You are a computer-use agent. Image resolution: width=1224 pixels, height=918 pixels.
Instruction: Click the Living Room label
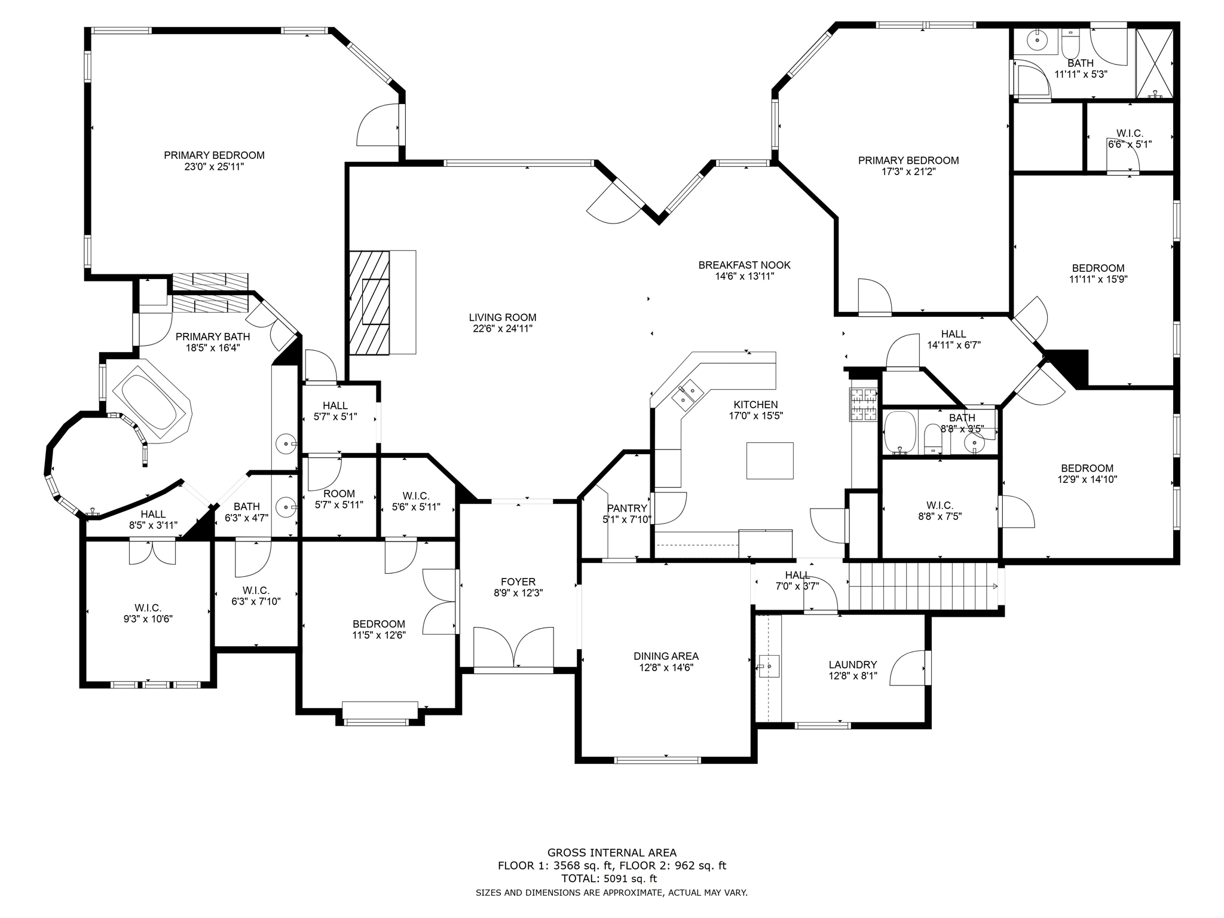502,317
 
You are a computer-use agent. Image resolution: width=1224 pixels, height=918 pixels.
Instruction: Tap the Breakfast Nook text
744,265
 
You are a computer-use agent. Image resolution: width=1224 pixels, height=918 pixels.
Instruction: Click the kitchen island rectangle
770,460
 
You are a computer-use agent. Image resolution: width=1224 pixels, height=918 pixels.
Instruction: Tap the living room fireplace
382,302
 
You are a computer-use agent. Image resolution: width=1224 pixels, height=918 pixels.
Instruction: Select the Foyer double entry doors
513,647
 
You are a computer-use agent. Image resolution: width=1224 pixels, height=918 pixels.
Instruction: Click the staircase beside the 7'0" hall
923,587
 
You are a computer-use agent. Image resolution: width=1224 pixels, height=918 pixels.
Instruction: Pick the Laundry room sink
769,665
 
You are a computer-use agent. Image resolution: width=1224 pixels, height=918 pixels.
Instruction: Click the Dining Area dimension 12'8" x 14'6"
666,668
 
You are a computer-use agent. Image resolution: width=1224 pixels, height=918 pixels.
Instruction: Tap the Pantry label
627,508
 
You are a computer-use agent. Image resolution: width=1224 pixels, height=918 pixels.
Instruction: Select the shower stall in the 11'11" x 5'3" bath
1154,63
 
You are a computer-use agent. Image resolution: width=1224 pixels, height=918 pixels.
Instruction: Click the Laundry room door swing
907,667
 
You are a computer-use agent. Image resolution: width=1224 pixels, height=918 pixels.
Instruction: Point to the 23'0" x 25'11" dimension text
214,167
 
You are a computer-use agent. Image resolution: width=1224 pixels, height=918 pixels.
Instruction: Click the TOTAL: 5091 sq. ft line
608,879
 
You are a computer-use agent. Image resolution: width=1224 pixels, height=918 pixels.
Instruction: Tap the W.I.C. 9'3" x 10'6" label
148,614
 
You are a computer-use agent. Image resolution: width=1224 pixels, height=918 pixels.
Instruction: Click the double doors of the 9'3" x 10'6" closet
153,552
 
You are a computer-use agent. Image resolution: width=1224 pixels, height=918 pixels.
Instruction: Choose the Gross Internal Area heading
612,853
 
